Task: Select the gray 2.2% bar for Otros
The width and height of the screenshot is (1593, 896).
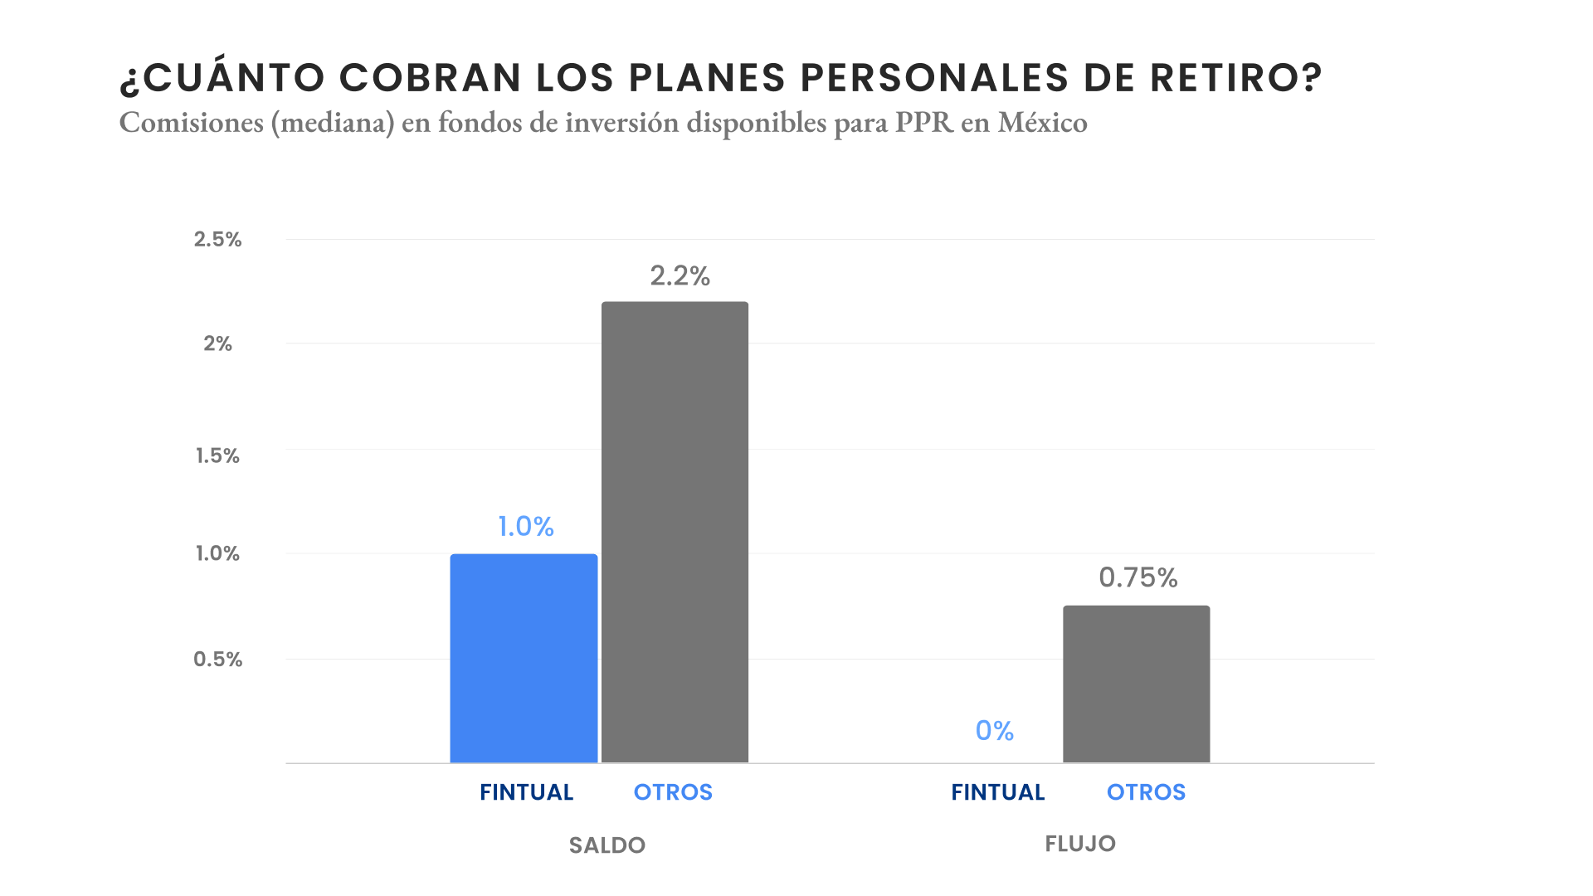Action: (x=675, y=532)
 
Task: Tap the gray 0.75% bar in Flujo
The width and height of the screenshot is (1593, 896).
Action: (x=1136, y=684)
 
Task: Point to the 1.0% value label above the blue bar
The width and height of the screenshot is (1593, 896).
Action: (x=525, y=526)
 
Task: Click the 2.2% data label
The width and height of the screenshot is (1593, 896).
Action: (x=680, y=275)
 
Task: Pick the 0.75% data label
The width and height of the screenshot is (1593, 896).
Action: (x=1138, y=577)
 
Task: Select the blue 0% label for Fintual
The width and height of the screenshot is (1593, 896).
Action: (x=994, y=730)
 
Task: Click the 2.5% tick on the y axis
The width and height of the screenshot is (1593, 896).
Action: (x=217, y=239)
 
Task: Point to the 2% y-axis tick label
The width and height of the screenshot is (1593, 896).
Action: (x=217, y=343)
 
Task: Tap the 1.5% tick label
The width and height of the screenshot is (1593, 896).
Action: (x=217, y=455)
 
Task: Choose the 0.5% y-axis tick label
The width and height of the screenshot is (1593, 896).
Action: (x=217, y=659)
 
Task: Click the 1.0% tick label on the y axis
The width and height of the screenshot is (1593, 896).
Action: (x=217, y=553)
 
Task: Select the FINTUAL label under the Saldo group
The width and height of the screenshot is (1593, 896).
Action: (x=526, y=792)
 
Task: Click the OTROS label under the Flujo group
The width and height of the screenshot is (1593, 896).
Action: (x=1146, y=792)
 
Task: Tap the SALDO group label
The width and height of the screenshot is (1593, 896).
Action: (x=607, y=845)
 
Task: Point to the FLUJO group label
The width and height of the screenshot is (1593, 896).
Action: (x=1079, y=844)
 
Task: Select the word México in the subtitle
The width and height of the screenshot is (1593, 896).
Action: (x=1042, y=123)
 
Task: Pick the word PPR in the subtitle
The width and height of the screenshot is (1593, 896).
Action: (x=923, y=123)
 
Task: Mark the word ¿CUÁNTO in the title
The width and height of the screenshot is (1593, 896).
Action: (x=222, y=78)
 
